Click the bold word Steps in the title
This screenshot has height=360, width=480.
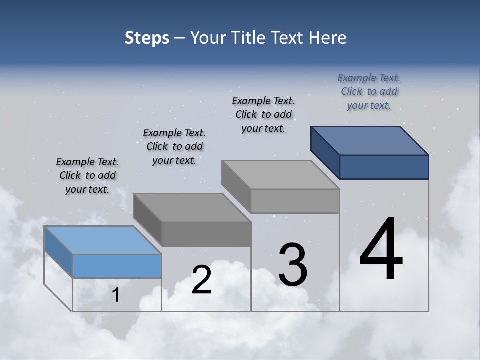147,38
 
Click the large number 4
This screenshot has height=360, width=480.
381,250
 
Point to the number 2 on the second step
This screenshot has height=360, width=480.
201,280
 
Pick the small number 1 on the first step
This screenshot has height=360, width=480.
116,295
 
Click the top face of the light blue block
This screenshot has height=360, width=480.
103,240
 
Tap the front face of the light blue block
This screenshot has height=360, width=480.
117,266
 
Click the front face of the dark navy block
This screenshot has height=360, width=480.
384,167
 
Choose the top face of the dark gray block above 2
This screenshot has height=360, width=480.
192,207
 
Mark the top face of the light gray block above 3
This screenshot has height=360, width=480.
280,175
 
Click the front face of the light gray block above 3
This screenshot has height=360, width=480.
295,201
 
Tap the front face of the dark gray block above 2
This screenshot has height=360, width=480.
206,234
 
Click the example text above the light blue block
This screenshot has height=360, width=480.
87,175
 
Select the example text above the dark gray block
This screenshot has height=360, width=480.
174,146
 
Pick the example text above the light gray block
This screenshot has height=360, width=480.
263,114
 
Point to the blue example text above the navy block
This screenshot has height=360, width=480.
369,91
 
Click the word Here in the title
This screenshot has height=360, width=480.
328,38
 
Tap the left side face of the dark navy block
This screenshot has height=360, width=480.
325,152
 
